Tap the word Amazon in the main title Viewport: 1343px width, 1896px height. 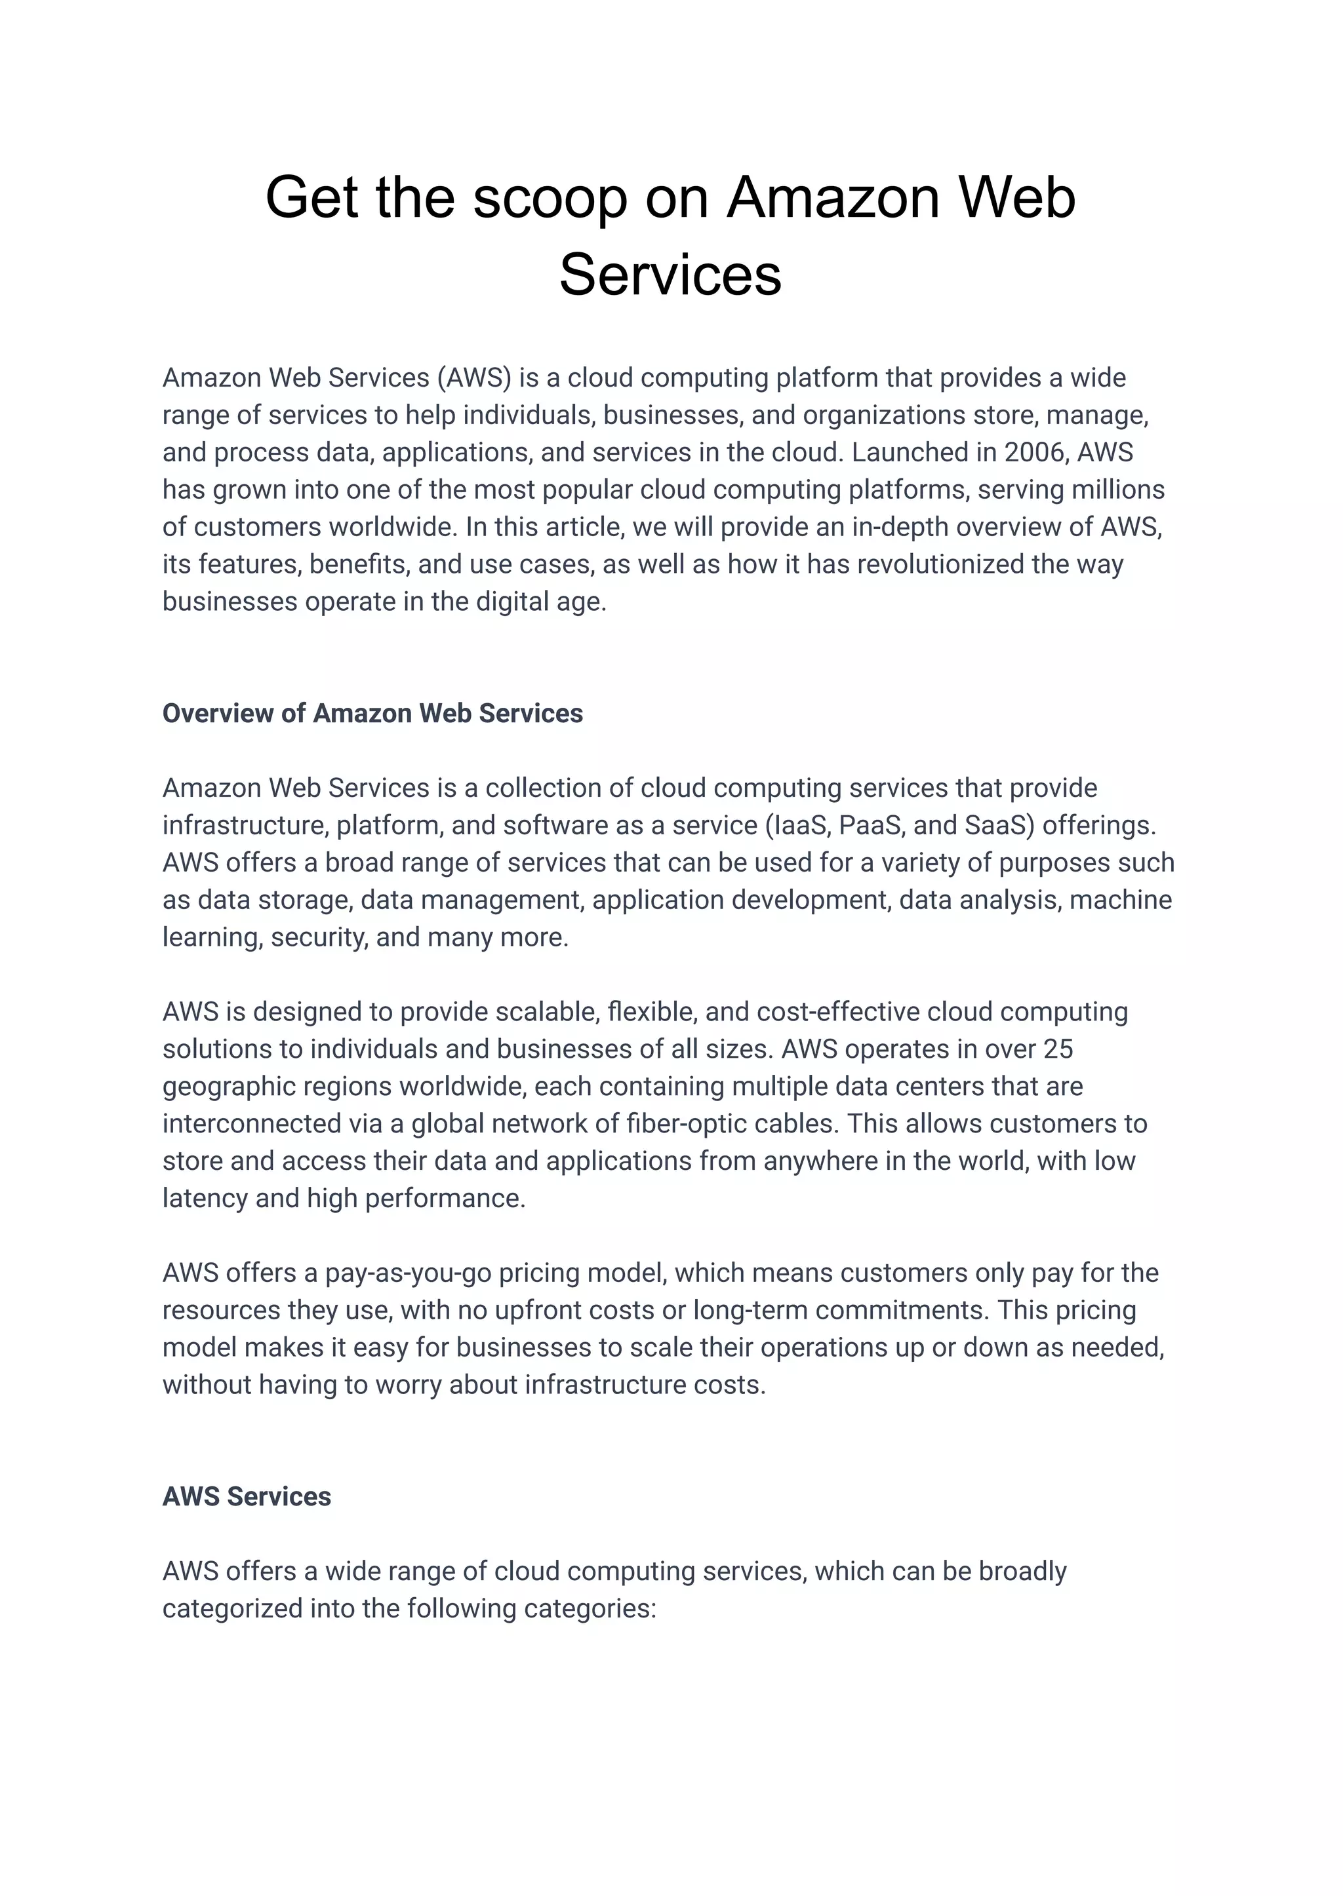pos(833,199)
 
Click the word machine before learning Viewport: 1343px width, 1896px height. pos(1121,899)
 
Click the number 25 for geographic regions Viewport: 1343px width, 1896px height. pos(1058,1049)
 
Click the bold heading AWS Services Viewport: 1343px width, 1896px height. pos(247,1497)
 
